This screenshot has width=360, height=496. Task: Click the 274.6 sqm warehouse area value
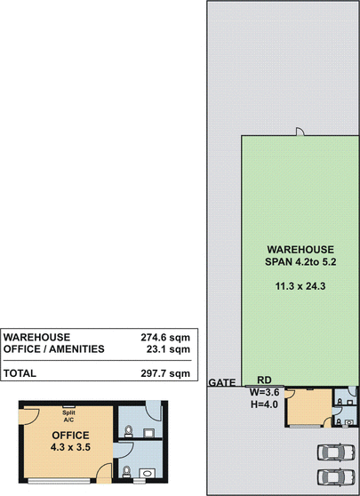tap(165, 337)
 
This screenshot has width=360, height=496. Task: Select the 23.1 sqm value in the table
tap(168, 349)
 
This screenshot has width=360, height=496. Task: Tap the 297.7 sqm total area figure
tap(165, 373)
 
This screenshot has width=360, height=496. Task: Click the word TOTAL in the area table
tap(20, 373)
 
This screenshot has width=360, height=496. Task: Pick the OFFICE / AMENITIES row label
tap(54, 349)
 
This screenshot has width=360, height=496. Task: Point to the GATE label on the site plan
tap(222, 382)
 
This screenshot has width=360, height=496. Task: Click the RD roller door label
tap(264, 380)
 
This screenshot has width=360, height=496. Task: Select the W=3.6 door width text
tap(265, 392)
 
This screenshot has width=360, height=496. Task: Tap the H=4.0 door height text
tap(265, 404)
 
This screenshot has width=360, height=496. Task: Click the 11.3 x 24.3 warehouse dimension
tap(300, 286)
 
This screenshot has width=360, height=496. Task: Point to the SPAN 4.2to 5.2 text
tap(300, 262)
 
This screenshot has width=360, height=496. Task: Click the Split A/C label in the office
tap(68, 416)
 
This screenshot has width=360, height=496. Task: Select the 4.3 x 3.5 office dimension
tap(70, 447)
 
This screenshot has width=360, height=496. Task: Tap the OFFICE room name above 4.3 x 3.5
tap(70, 436)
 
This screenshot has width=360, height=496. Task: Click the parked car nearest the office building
tap(336, 452)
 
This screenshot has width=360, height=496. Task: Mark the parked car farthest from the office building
tap(336, 477)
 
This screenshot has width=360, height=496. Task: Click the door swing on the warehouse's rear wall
tap(300, 132)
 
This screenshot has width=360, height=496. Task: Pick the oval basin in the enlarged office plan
tap(147, 474)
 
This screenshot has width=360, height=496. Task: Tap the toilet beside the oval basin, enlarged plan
tap(126, 472)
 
